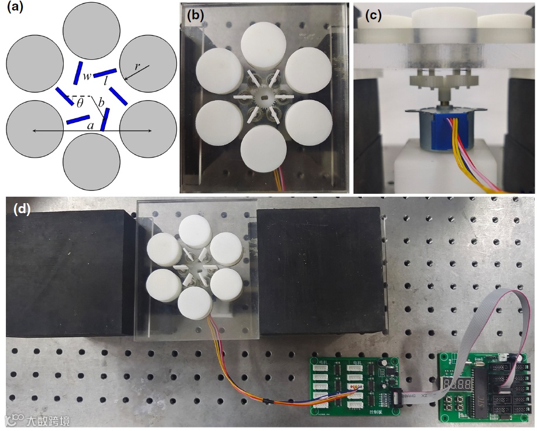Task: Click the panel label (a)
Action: coord(13,10)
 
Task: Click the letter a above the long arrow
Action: coord(90,125)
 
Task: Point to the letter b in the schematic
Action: coord(101,104)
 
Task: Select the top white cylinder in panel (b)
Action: coord(265,44)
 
